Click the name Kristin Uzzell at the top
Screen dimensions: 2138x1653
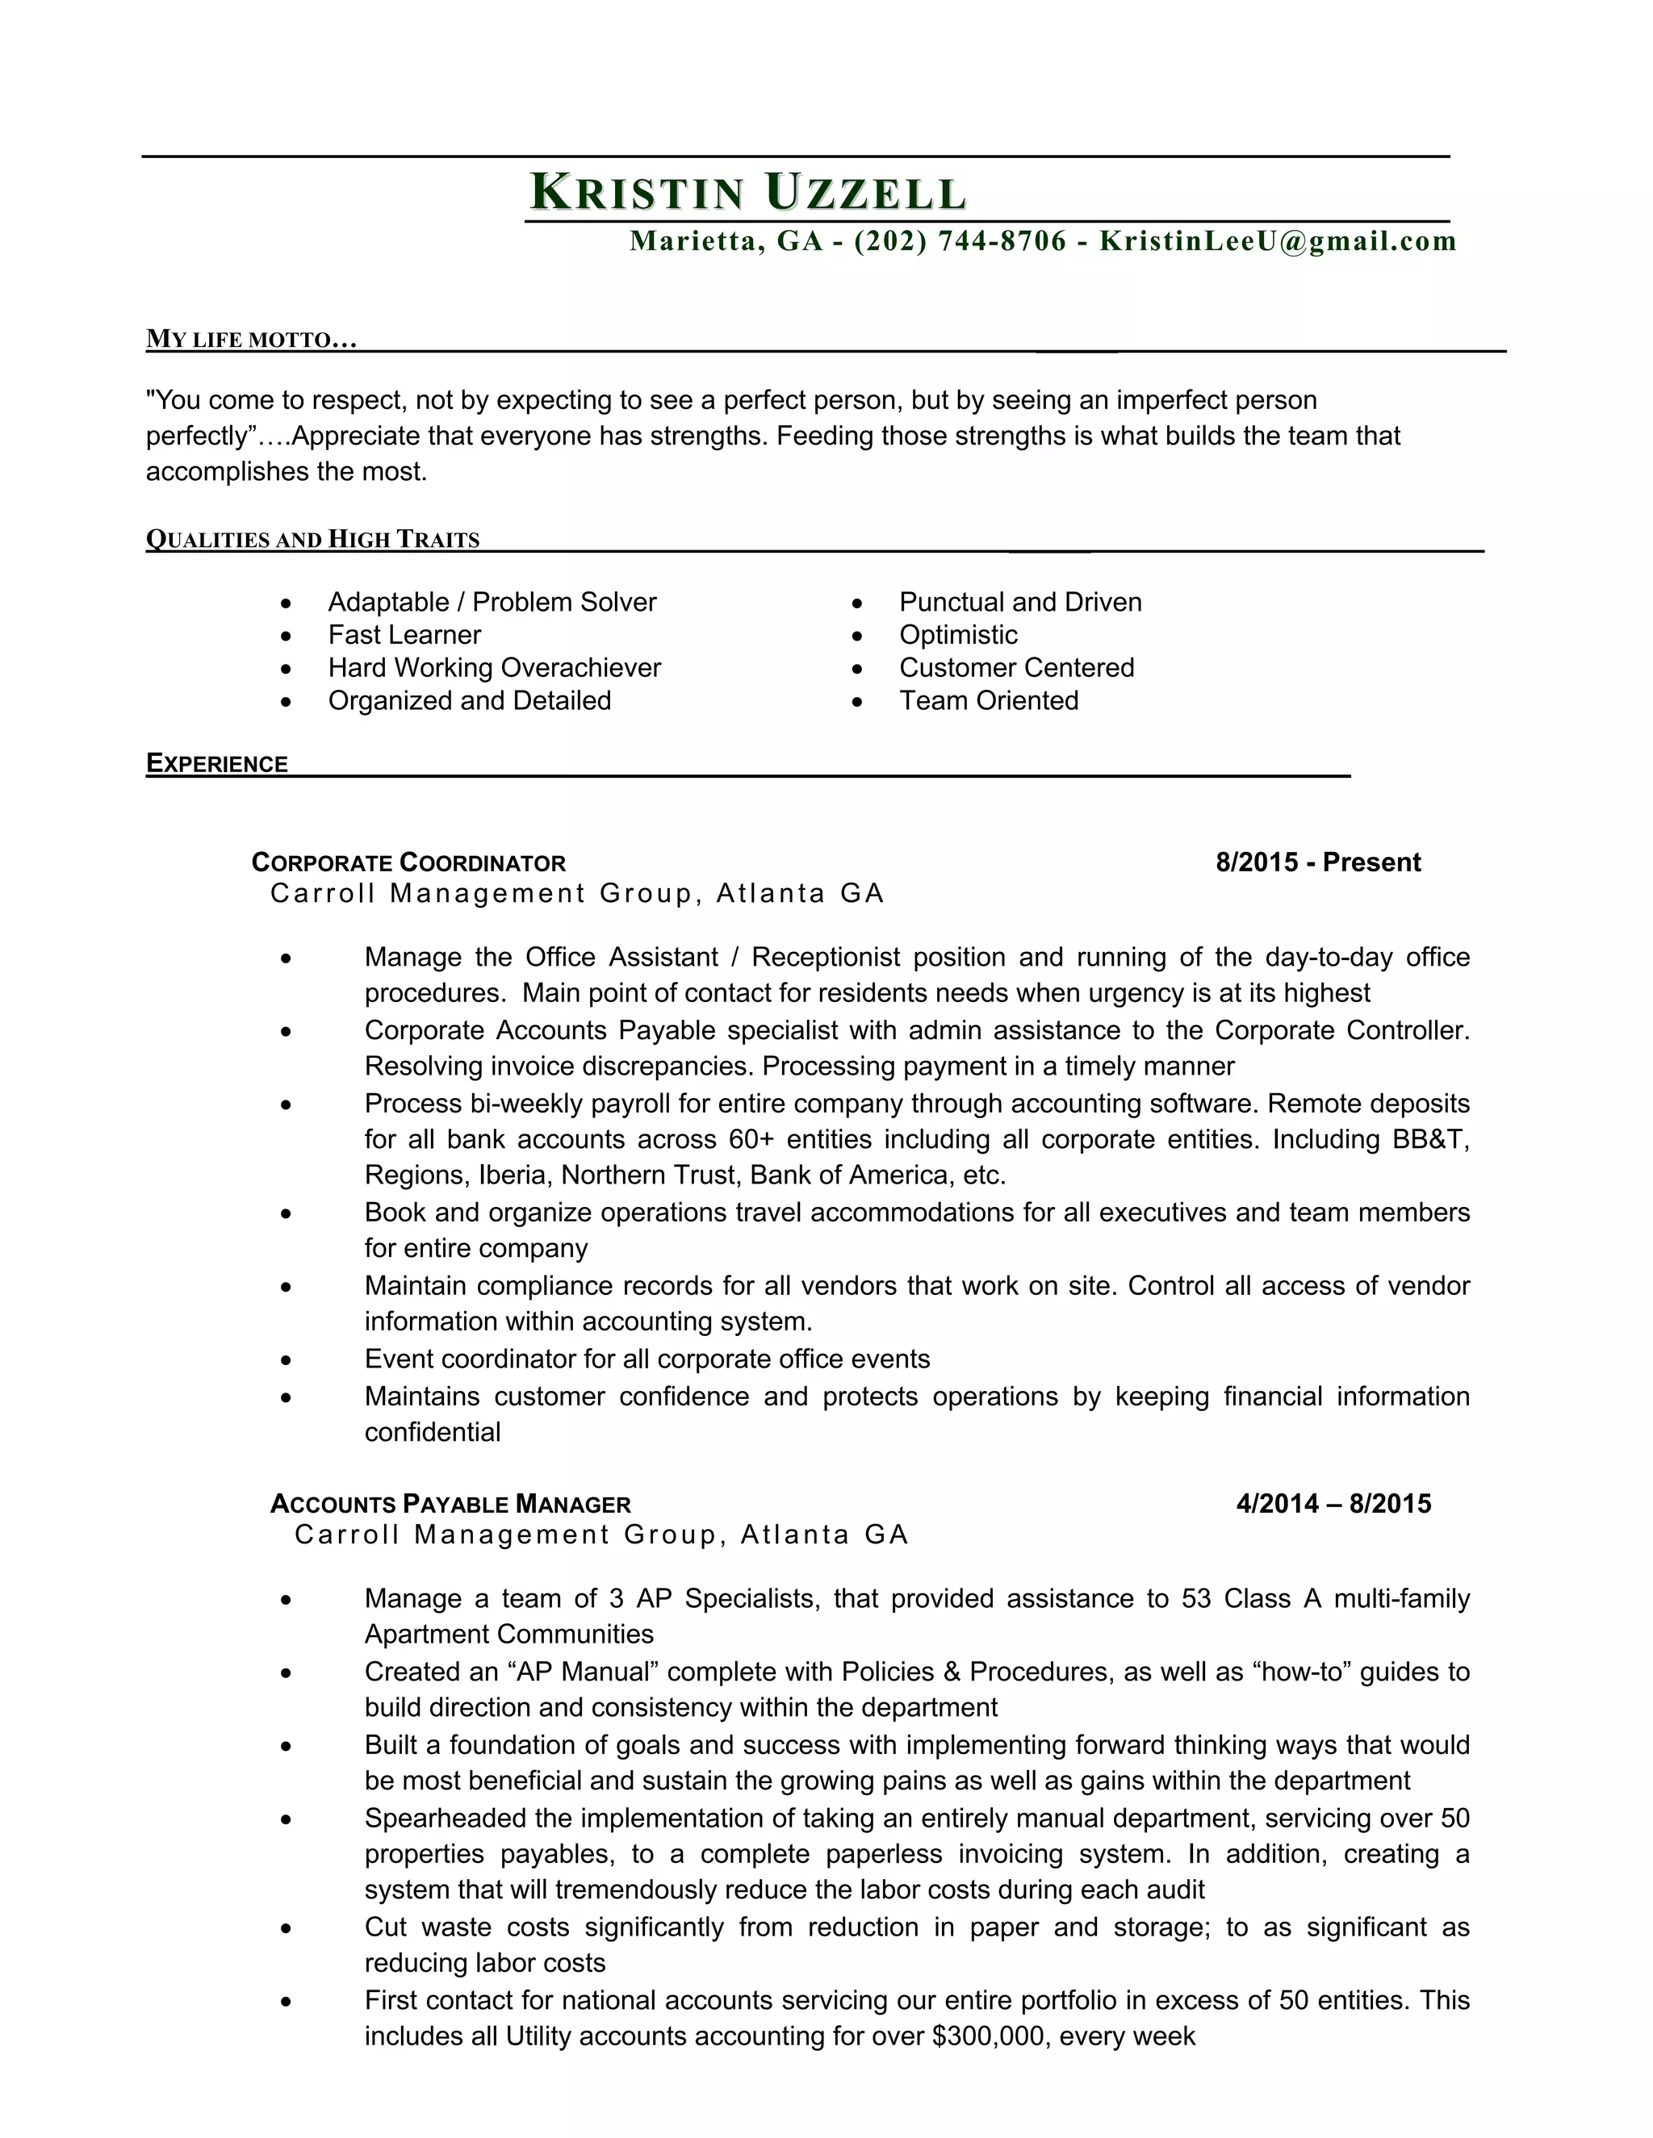coord(748,192)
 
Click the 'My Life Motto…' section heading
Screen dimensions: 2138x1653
coord(251,340)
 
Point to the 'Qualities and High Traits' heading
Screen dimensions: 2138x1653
coord(312,540)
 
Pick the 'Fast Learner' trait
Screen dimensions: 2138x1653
coord(404,634)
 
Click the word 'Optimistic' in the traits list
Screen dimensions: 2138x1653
coord(958,634)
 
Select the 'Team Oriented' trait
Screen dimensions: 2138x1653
coord(988,700)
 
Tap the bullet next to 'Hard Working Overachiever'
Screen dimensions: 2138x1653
coord(286,669)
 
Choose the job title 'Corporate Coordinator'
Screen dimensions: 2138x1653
coord(408,862)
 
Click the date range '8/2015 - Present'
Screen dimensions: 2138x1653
coord(1317,862)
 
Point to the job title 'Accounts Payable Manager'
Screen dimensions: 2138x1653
coord(450,1504)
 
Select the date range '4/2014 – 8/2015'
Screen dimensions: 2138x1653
coord(1333,1504)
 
